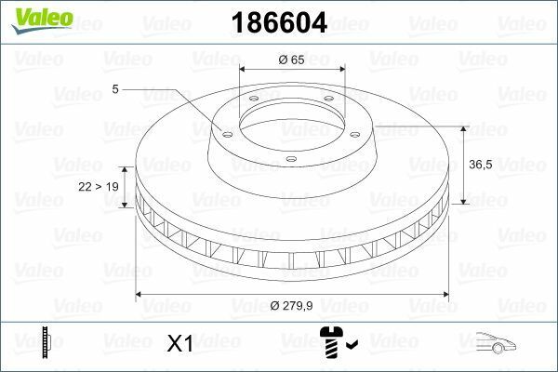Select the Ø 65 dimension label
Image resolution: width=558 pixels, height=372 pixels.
click(292, 60)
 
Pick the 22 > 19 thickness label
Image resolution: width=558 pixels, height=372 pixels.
click(99, 187)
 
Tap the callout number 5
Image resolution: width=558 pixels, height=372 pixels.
click(114, 89)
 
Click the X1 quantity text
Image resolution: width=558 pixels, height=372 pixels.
click(179, 343)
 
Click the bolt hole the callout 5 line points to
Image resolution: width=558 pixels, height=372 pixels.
click(225, 130)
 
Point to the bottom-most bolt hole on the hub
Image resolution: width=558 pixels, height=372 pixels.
click(291, 159)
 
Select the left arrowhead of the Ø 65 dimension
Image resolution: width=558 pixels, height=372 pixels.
click(244, 69)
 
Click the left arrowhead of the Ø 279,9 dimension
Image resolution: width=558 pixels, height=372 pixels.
click(141, 295)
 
